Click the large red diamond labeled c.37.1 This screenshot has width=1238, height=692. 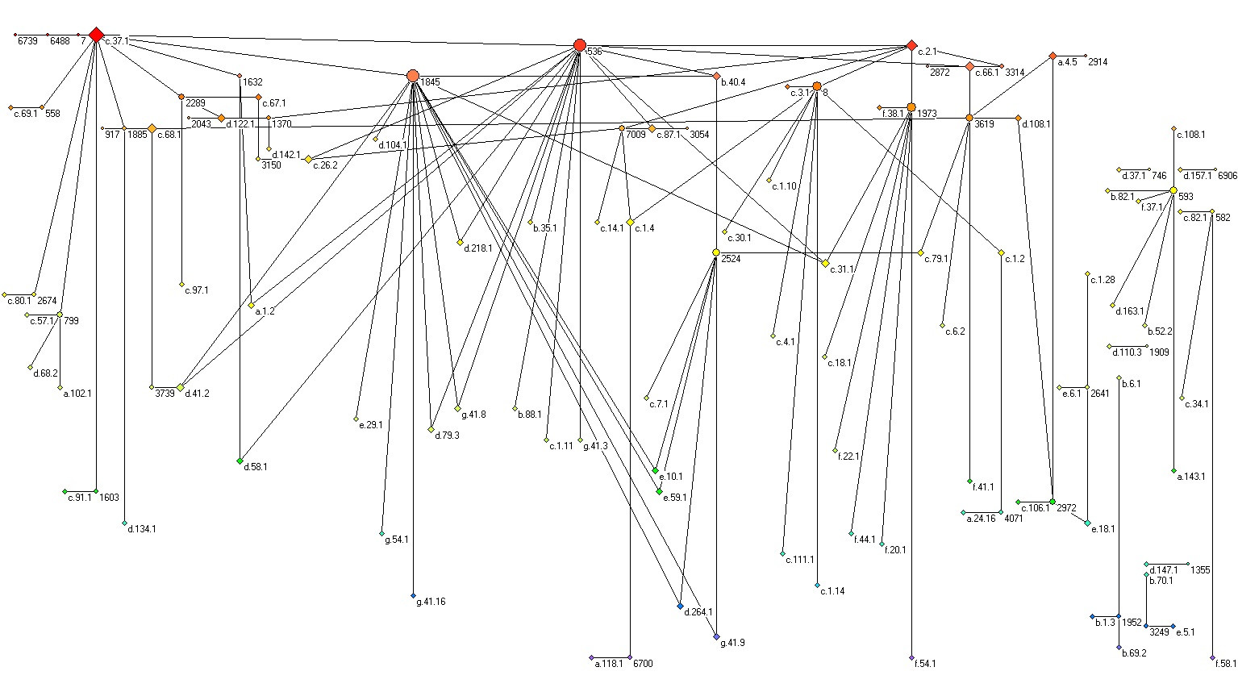(x=96, y=35)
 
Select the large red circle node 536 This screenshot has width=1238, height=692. (x=579, y=45)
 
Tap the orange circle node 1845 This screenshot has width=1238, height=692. (x=413, y=76)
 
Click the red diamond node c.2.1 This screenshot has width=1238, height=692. (x=911, y=45)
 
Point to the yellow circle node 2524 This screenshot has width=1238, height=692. (x=715, y=252)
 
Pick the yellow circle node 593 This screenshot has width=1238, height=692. (x=1173, y=190)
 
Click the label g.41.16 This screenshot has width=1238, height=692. (x=430, y=602)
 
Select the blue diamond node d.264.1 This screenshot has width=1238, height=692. (x=680, y=606)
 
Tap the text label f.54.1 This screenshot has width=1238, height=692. (x=924, y=664)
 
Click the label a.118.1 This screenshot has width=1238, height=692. (x=609, y=664)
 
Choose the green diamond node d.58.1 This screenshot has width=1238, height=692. (x=240, y=461)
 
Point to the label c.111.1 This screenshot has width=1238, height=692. (x=799, y=560)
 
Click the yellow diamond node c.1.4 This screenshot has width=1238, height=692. (x=630, y=222)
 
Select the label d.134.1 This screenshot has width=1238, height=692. (x=141, y=529)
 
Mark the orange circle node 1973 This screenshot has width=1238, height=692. (x=911, y=107)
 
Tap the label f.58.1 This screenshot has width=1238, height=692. (x=1224, y=664)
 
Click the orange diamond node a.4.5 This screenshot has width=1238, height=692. (x=1053, y=56)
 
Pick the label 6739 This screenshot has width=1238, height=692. (x=27, y=41)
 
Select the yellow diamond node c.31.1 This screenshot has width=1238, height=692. (x=825, y=263)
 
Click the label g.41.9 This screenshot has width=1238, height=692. (x=732, y=643)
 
